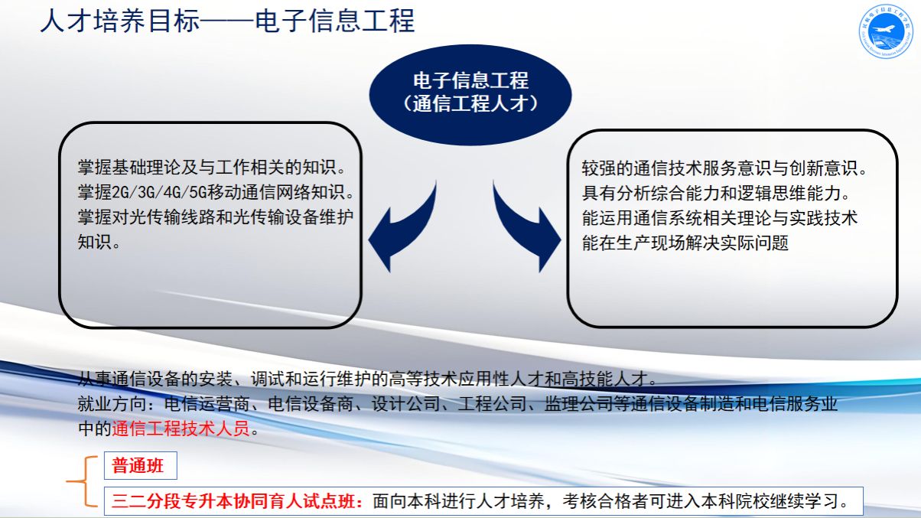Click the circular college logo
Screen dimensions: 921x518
(x=886, y=31)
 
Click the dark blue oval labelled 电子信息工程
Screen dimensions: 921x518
(x=470, y=95)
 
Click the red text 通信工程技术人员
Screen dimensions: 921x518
(x=181, y=428)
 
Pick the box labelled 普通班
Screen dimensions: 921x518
(x=141, y=466)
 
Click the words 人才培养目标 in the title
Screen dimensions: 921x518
(x=120, y=21)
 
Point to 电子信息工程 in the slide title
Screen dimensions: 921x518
(x=334, y=21)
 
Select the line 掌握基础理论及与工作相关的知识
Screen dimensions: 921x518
(x=211, y=168)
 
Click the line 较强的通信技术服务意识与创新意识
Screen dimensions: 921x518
(x=724, y=168)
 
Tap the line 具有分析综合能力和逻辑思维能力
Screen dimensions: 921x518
(x=715, y=194)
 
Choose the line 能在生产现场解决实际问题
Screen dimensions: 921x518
(x=685, y=243)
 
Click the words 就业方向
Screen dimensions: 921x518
(x=112, y=404)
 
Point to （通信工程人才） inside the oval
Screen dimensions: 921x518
(x=470, y=103)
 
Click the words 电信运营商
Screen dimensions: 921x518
(x=207, y=404)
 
